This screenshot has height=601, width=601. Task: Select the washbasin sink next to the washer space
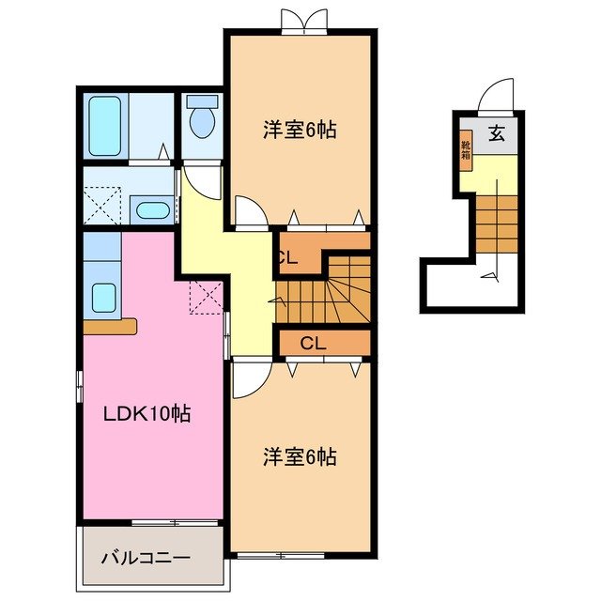click(x=150, y=208)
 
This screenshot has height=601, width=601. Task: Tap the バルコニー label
click(x=146, y=557)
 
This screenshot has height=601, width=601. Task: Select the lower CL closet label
click(x=313, y=343)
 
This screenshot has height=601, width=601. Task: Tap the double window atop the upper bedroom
click(x=303, y=21)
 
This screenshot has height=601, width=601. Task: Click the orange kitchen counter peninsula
click(x=110, y=327)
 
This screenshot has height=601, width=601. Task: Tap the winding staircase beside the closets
click(x=322, y=292)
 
